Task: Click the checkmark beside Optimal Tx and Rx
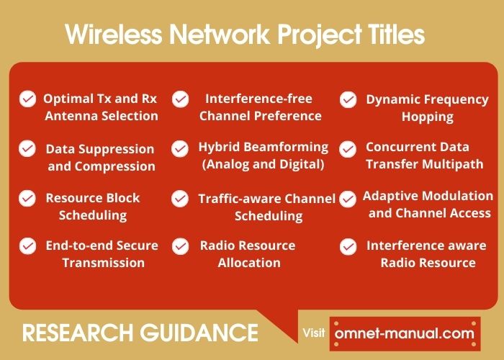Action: click(x=27, y=99)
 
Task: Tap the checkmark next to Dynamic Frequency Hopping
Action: click(x=348, y=99)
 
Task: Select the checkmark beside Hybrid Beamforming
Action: click(x=180, y=148)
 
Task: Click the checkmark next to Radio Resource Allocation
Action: click(x=180, y=246)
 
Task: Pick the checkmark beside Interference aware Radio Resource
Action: click(x=348, y=246)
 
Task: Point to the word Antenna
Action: click(x=75, y=115)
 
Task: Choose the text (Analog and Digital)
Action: click(x=263, y=164)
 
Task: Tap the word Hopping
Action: click(x=428, y=116)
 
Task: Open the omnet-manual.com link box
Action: click(x=405, y=334)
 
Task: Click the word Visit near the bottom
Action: click(x=314, y=333)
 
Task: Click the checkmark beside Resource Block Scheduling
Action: click(x=27, y=197)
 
